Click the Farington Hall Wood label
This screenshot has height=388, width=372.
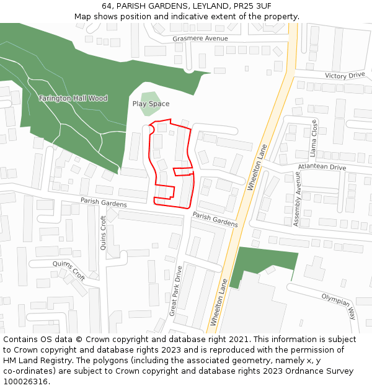[73, 98]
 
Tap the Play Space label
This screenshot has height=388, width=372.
[151, 104]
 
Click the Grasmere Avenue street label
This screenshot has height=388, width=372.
[200, 38]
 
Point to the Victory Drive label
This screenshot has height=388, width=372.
[345, 76]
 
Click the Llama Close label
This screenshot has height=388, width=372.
[314, 138]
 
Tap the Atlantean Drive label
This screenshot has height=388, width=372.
[322, 167]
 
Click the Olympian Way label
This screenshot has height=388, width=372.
[339, 305]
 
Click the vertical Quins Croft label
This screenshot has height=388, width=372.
[104, 232]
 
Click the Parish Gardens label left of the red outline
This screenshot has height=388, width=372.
[104, 202]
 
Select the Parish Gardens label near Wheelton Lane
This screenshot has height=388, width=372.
[215, 219]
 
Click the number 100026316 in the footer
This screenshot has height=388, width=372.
[27, 381]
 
